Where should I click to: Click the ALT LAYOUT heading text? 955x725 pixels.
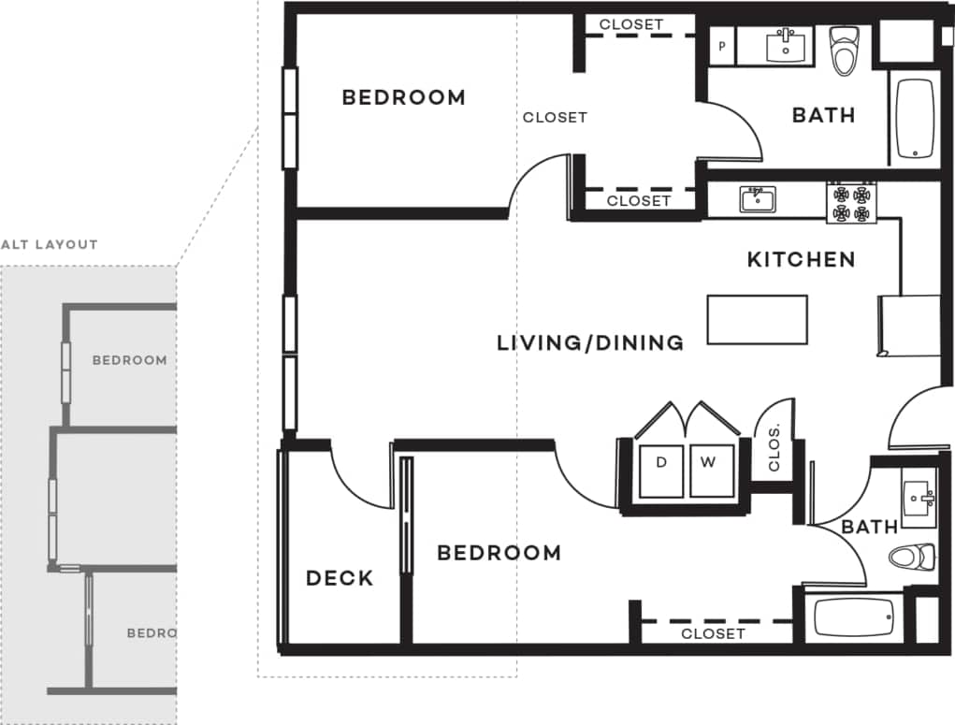coord(50,245)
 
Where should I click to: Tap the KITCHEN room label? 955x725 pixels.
coord(801,260)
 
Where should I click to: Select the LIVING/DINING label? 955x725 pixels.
coord(589,343)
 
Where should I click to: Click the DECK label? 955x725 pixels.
coord(340,578)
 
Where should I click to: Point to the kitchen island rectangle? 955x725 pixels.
coord(757,320)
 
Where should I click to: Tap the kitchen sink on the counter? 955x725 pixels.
coord(757,199)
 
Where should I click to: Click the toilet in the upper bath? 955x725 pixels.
coord(844,51)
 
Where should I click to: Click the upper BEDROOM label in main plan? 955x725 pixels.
coord(403,97)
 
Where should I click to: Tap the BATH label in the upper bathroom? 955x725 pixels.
coord(823,115)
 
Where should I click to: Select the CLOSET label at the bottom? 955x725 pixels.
coord(713,634)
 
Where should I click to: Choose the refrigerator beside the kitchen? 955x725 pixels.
coord(908,326)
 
